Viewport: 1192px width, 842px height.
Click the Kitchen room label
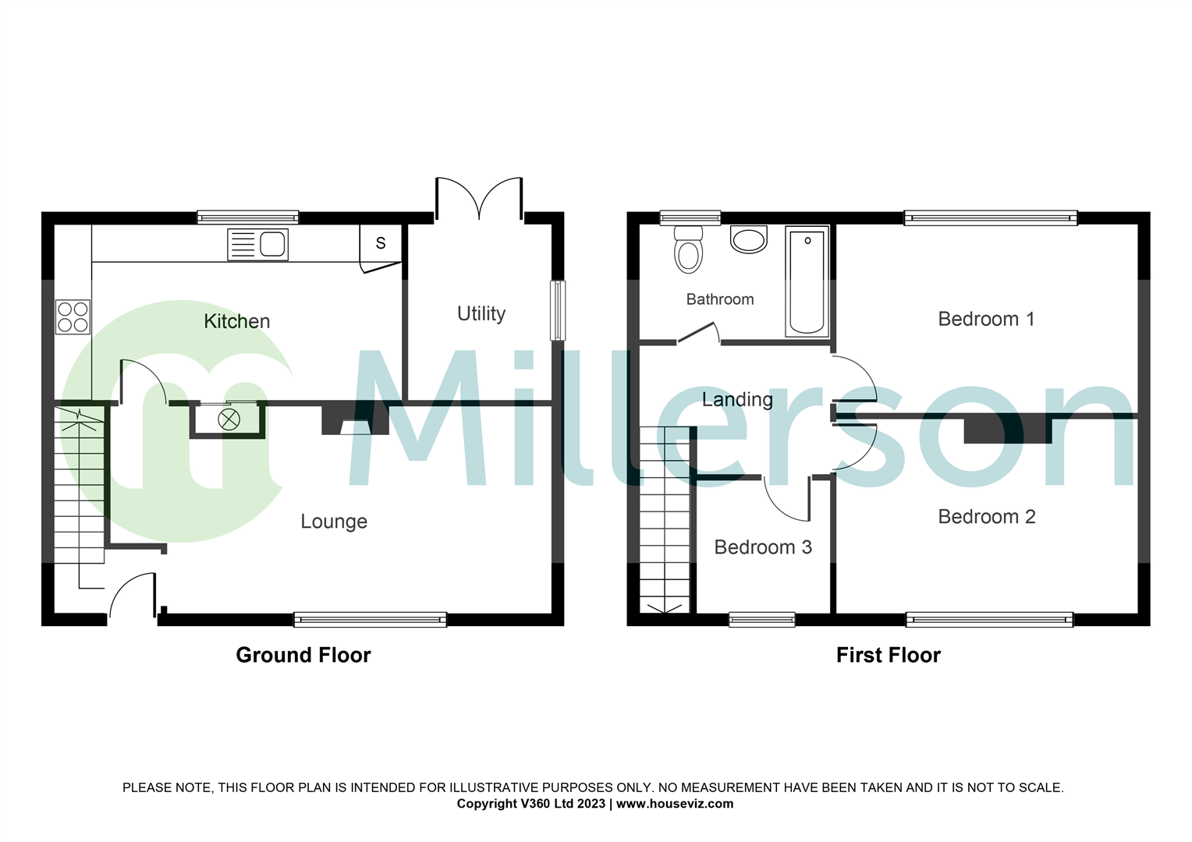tap(236, 321)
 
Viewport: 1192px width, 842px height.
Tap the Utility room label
tap(481, 313)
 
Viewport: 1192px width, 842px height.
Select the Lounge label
tap(334, 522)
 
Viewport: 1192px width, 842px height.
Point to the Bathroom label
tap(719, 299)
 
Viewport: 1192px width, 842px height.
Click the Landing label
tap(737, 400)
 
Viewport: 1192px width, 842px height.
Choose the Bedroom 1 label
tap(986, 319)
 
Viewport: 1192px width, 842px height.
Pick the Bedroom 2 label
tap(986, 517)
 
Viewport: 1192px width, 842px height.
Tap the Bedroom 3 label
tap(763, 547)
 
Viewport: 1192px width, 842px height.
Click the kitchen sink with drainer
tap(257, 244)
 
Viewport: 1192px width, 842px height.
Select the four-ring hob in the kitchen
tap(73, 317)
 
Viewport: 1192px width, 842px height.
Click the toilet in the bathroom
tap(688, 249)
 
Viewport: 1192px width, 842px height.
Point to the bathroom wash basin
tap(749, 239)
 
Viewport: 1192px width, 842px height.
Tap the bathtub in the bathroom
tap(807, 281)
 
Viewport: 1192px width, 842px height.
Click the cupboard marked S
tap(381, 243)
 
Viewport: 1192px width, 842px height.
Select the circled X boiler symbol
tap(229, 419)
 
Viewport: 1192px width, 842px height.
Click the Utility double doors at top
tap(478, 199)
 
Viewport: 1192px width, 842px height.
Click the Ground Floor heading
tap(303, 655)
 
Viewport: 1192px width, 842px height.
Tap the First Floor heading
tap(888, 655)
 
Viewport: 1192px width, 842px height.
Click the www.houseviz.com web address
tap(675, 804)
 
